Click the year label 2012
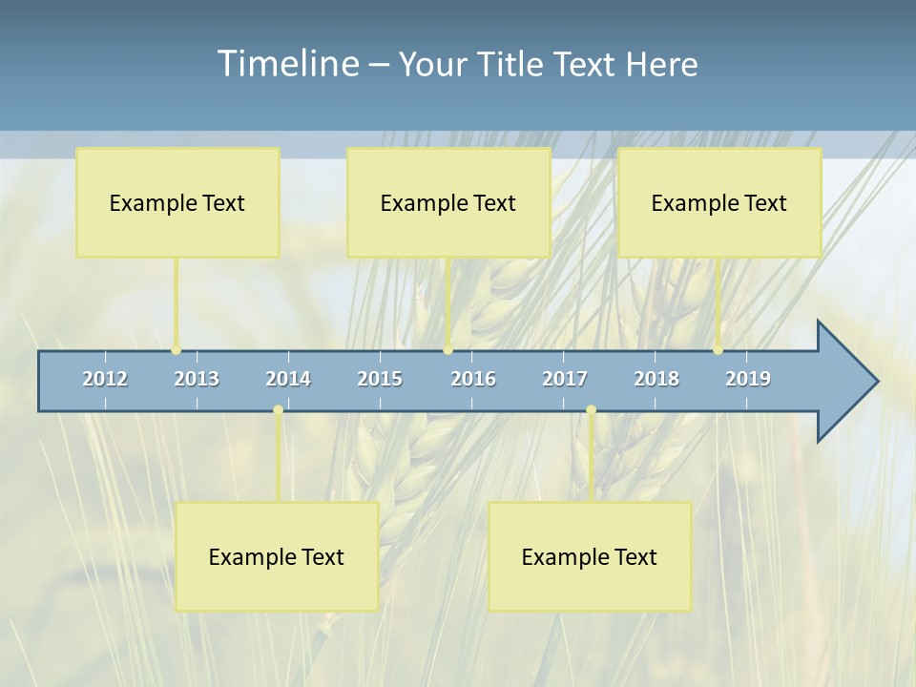[105, 379]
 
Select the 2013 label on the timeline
[197, 379]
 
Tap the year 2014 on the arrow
[288, 379]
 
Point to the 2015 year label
[380, 379]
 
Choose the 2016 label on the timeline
[473, 379]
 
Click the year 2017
[565, 379]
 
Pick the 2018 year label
[656, 379]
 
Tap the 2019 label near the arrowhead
[748, 379]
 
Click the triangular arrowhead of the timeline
[845, 382]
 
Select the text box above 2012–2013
[177, 202]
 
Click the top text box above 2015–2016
[448, 202]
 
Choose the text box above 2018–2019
[719, 202]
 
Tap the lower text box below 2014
[277, 556]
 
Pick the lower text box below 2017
[590, 556]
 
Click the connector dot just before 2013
[176, 350]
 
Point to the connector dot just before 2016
[448, 350]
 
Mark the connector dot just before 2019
[718, 350]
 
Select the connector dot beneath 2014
[278, 410]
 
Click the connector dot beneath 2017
[591, 410]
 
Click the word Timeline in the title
[287, 63]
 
